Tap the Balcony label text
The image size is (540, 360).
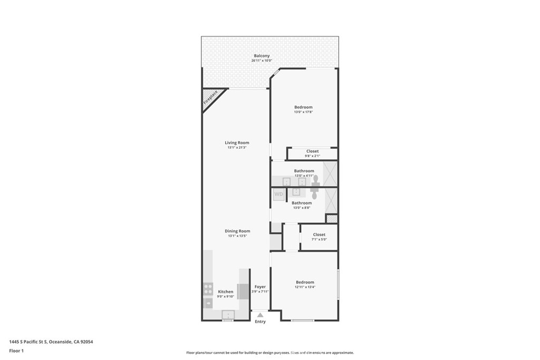click(262, 56)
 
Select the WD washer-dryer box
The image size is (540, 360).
click(278, 194)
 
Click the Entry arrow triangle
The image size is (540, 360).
click(260, 315)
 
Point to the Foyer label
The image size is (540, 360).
click(260, 287)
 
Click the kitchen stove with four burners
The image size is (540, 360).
click(208, 289)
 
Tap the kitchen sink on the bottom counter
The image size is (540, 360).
click(228, 315)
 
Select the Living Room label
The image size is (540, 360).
click(237, 143)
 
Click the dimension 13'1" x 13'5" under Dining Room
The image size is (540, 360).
click(237, 236)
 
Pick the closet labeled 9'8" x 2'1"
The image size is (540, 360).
click(312, 153)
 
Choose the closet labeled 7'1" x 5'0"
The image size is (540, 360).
click(319, 237)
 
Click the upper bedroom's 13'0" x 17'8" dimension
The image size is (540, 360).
click(303, 112)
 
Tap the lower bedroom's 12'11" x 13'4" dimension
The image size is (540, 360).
click(304, 287)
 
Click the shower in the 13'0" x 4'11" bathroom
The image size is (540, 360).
click(330, 173)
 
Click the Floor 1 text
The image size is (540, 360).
click(16, 351)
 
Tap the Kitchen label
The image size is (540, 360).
click(226, 291)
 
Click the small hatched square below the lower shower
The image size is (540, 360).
click(331, 218)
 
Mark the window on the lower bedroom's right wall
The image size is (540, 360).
click(337, 285)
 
